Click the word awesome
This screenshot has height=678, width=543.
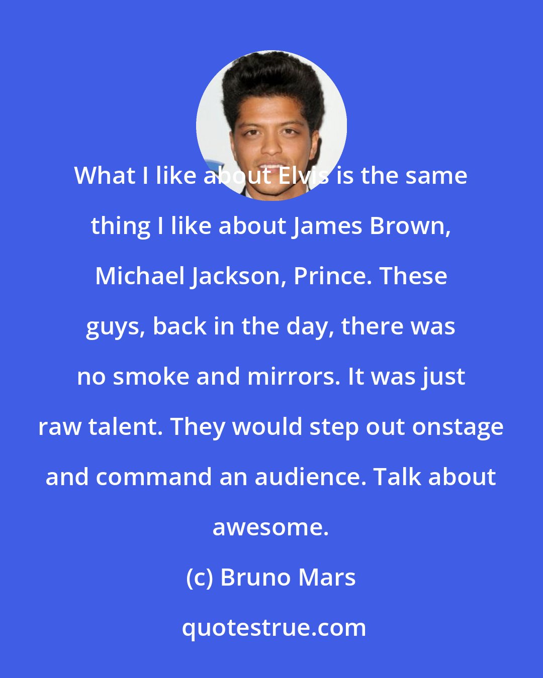(270, 528)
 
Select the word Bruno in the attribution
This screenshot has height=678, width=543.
(255, 578)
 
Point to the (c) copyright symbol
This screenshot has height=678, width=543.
(200, 578)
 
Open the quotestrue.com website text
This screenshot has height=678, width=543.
(274, 628)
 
